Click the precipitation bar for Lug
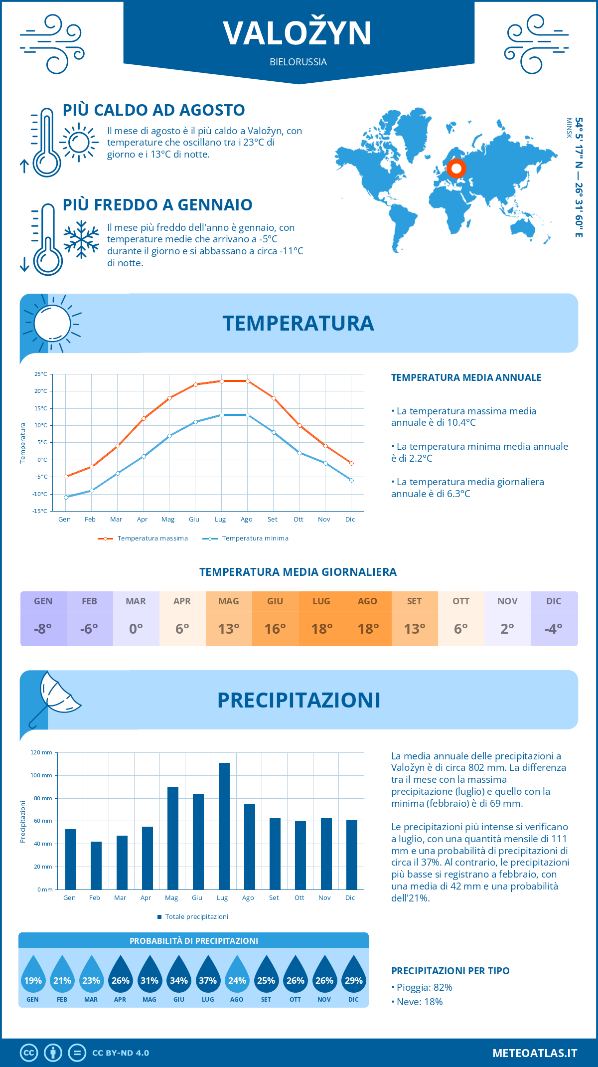(224, 826)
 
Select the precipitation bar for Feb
(96, 866)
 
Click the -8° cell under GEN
(43, 629)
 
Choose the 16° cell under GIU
(275, 629)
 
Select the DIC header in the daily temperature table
(554, 601)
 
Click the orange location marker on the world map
(456, 169)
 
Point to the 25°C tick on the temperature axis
(41, 374)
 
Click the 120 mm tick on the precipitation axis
(41, 752)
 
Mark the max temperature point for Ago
(248, 381)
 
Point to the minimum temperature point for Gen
(66, 497)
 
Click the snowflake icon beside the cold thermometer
(81, 239)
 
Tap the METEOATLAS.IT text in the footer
(535, 1053)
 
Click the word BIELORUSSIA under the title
(298, 62)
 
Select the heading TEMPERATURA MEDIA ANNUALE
(466, 377)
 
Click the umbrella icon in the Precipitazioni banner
(54, 696)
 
